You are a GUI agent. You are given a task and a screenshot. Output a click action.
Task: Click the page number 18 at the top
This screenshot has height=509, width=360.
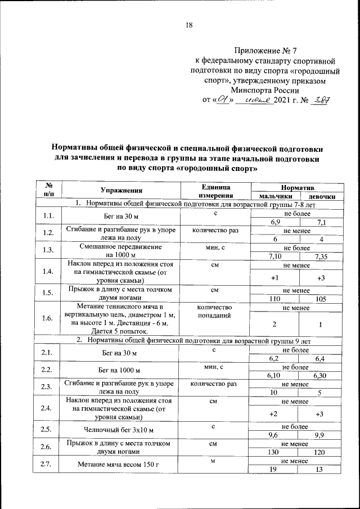188,25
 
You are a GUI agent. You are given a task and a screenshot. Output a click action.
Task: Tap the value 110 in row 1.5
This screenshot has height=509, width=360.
276,299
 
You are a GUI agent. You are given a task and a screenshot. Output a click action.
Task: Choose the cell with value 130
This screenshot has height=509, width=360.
276,452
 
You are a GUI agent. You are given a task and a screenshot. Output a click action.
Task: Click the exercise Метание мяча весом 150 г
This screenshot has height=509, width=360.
121,465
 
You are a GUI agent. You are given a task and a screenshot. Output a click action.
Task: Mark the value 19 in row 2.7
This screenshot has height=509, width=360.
276,469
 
